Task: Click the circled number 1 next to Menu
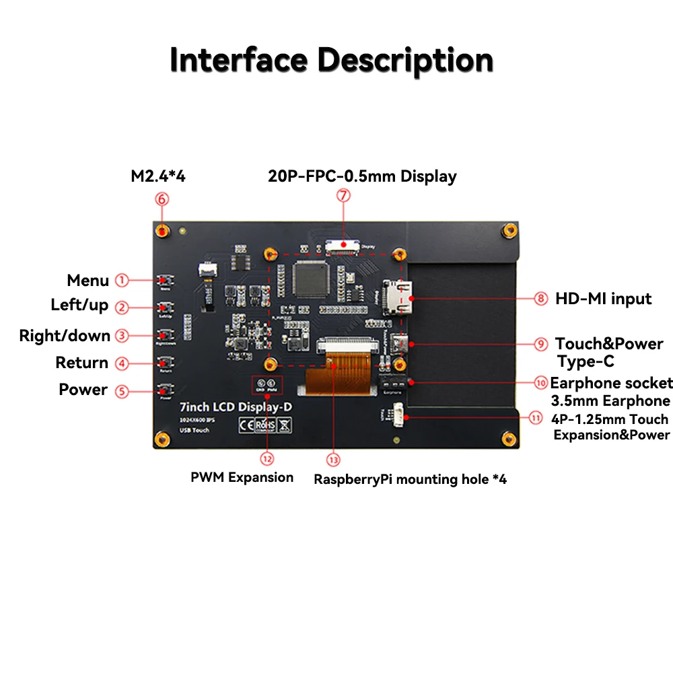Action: point(122,280)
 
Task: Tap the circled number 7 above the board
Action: point(343,196)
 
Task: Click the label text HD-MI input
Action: point(603,298)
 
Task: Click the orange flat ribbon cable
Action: point(337,380)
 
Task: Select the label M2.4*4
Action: point(158,177)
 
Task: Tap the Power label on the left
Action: point(83,390)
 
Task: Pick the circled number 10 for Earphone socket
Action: point(541,383)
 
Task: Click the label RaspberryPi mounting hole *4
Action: point(410,479)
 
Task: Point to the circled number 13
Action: point(333,460)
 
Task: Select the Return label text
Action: point(81,363)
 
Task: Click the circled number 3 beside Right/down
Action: point(122,335)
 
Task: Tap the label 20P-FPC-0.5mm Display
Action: point(362,176)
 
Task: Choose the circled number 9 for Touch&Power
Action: point(541,344)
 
